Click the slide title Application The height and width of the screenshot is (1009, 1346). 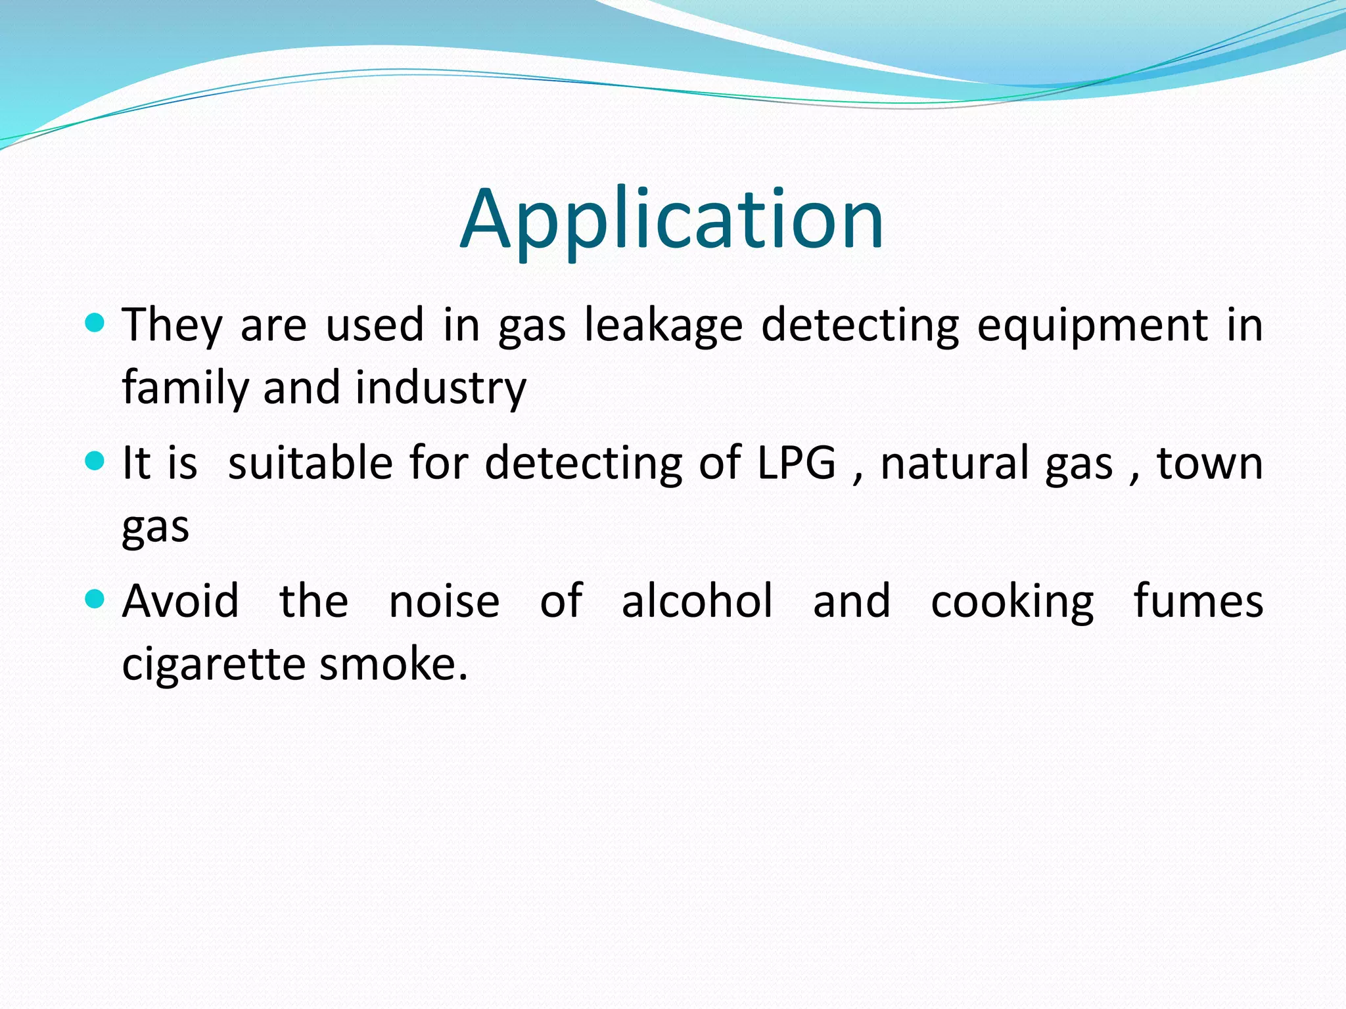click(x=672, y=220)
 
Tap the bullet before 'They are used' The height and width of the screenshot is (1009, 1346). click(x=95, y=323)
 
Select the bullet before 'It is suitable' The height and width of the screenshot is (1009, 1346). click(x=95, y=461)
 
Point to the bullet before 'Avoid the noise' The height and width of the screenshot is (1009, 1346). click(x=95, y=599)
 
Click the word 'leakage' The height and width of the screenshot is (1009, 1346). click(x=663, y=326)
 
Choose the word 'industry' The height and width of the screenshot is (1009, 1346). click(x=441, y=388)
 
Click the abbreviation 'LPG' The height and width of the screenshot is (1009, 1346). click(x=797, y=463)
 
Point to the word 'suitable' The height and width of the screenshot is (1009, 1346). click(x=310, y=463)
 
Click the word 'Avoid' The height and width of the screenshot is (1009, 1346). click(x=181, y=601)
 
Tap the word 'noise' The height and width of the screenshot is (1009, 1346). click(x=444, y=601)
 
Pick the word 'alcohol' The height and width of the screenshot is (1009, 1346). click(x=697, y=601)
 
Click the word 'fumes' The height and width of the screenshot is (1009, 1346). click(x=1198, y=601)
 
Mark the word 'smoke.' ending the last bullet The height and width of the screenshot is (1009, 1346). click(x=394, y=663)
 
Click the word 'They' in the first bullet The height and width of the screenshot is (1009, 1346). click(x=172, y=326)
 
